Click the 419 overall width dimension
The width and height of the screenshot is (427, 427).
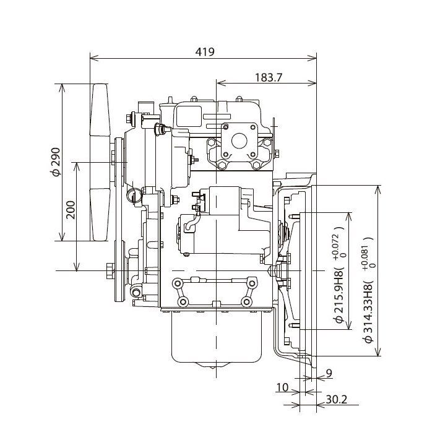205,51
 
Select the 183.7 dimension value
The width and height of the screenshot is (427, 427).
268,77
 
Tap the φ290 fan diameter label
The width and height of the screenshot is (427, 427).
55,162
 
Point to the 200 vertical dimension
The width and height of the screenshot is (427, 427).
71,210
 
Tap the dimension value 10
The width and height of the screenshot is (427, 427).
282,387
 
